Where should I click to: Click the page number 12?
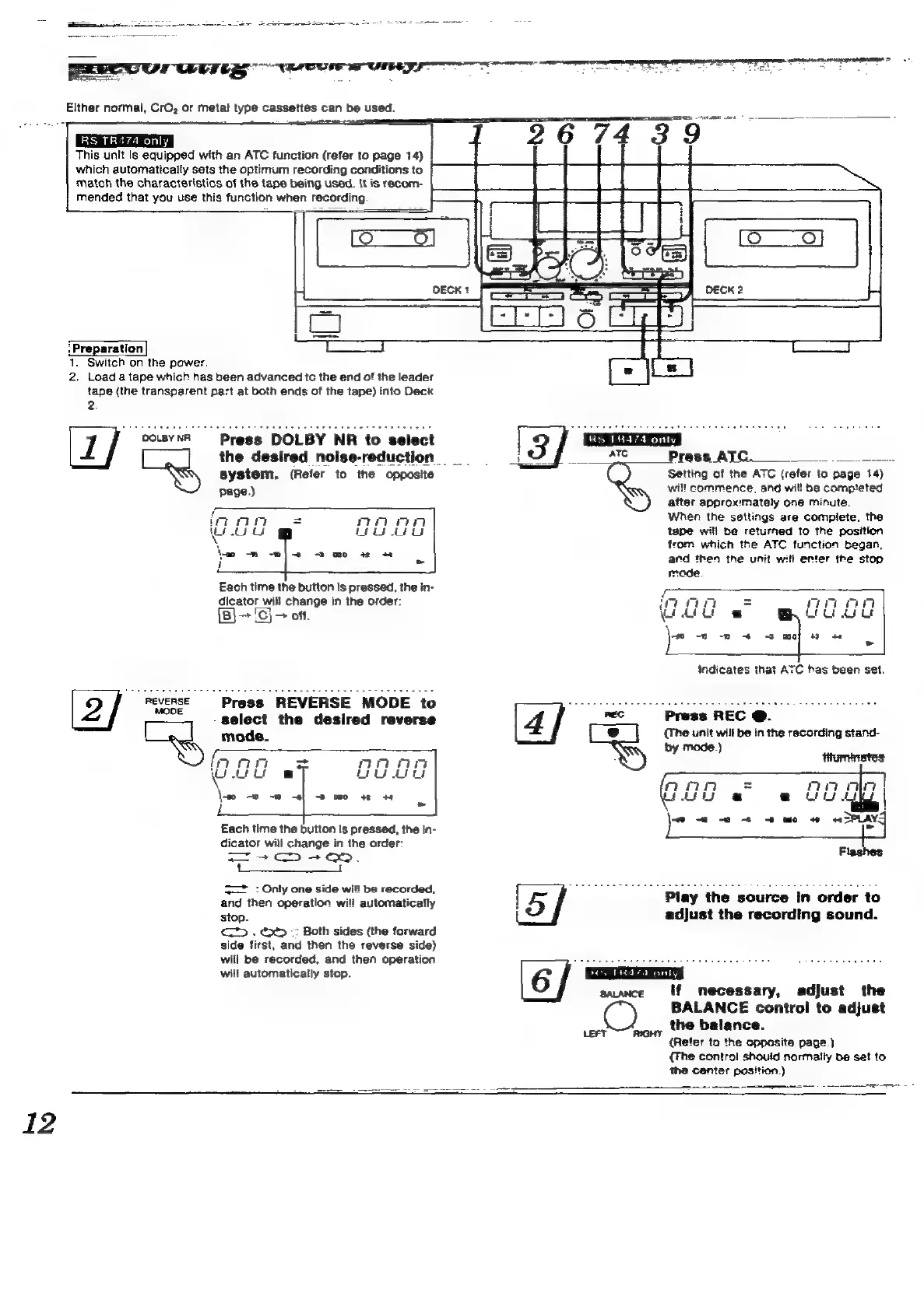point(39,1123)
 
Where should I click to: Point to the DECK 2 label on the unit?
point(724,290)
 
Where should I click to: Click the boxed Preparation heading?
point(107,349)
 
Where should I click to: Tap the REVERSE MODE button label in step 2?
point(167,706)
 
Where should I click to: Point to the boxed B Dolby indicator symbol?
point(226,616)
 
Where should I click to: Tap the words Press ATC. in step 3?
point(709,457)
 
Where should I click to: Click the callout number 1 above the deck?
point(476,135)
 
